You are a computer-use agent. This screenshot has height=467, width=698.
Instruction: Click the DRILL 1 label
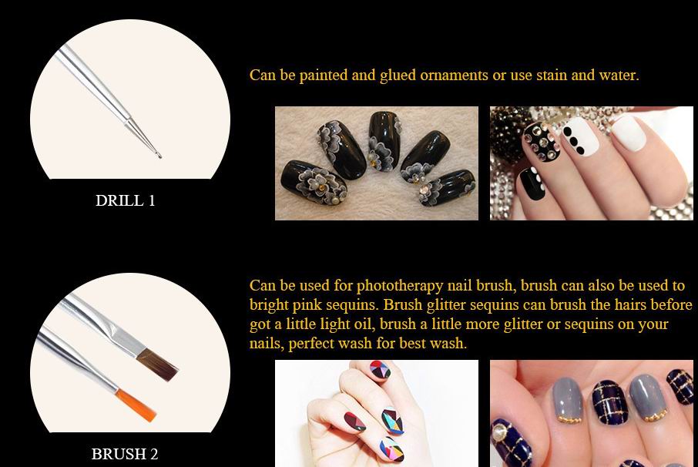[125, 200]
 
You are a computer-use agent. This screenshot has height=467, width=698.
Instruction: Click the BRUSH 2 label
[125, 454]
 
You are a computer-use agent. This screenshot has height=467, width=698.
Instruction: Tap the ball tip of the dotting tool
[159, 155]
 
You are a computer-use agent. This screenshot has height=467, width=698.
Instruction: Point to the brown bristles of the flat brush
[159, 365]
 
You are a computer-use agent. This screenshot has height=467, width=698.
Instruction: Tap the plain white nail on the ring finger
[629, 130]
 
